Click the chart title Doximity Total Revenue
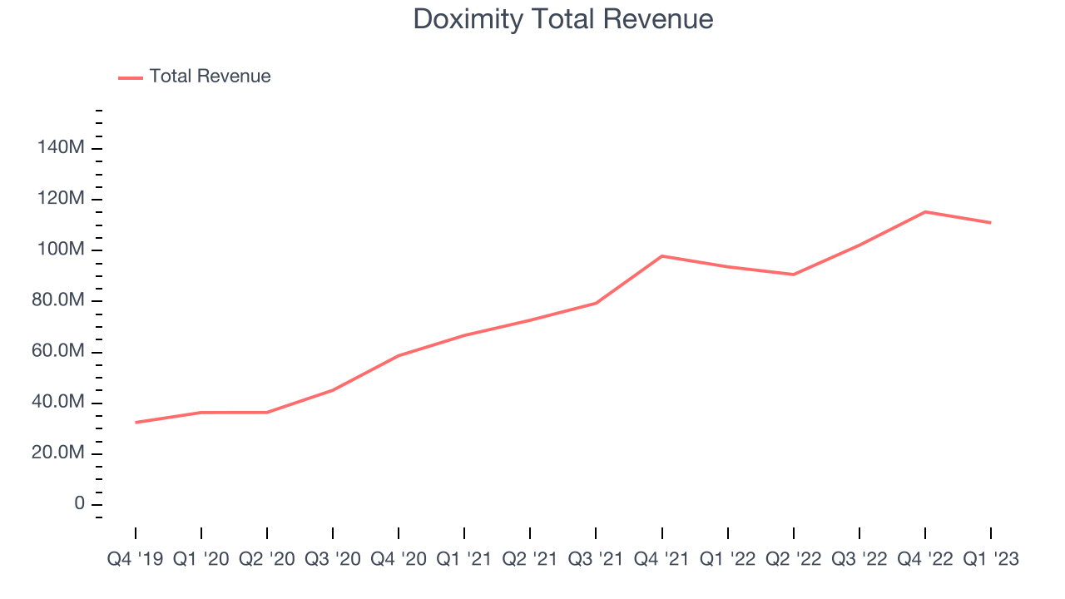pos(563,19)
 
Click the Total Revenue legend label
pos(210,77)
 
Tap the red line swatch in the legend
pos(131,77)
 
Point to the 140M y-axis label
pos(61,148)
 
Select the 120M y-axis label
pos(61,199)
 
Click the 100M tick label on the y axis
pos(61,250)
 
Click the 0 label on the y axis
pos(79,504)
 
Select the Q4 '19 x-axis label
pos(136,559)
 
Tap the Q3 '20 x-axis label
pos(333,559)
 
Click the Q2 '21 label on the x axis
pos(530,559)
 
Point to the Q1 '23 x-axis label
pos(990,559)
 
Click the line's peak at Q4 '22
pos(925,211)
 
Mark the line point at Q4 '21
pos(661,255)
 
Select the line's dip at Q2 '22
pos(794,275)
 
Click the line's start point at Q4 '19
pos(136,423)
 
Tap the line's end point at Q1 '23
pos(990,222)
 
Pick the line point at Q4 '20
pos(399,355)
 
